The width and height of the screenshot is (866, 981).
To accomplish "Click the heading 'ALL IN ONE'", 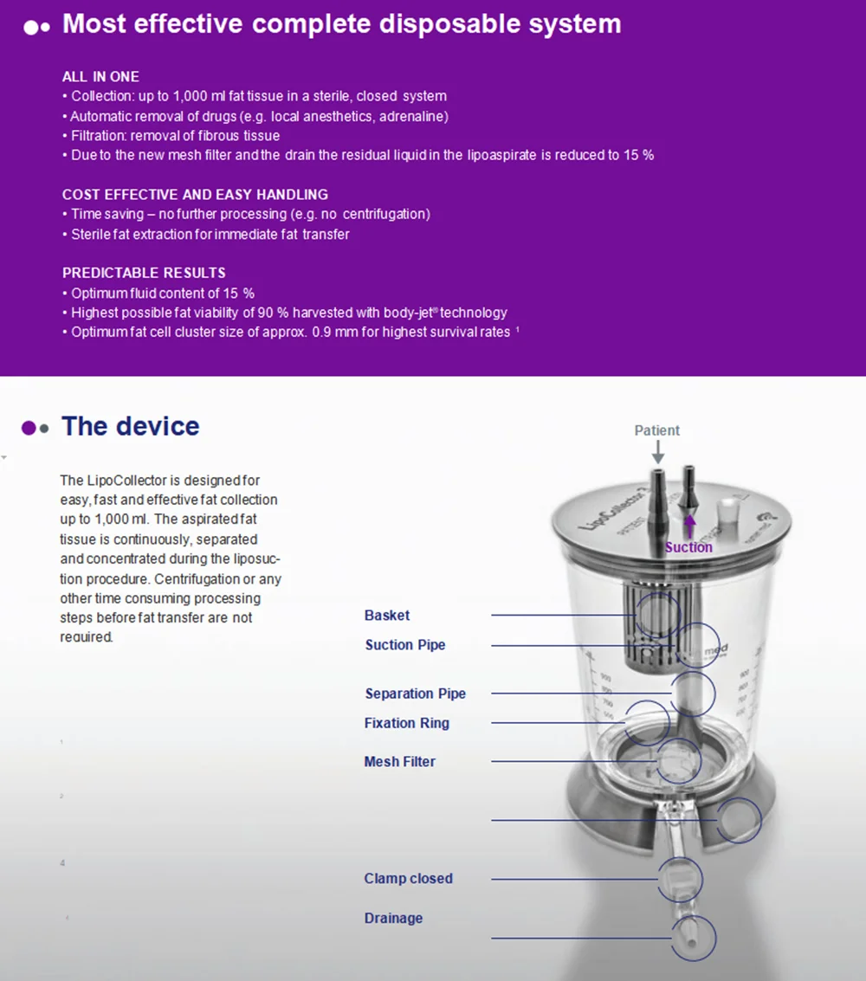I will pos(100,76).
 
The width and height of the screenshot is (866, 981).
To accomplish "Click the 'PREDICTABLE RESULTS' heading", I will pos(144,273).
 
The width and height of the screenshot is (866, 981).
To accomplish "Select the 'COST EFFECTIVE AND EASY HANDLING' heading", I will pos(195,194).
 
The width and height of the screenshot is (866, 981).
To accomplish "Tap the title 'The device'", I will pos(130,426).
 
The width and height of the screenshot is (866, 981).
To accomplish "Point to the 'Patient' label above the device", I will pos(657,430).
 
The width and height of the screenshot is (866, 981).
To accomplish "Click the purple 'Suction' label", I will pos(688,547).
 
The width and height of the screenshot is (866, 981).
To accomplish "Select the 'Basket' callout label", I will pos(387,616).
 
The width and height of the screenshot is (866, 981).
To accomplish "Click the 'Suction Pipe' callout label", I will pos(405,645).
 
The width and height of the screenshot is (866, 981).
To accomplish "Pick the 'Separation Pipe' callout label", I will pos(415,694).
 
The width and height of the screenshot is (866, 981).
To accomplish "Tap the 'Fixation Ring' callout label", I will pos(406,723).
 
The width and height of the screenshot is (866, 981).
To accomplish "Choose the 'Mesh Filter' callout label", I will pos(399,762).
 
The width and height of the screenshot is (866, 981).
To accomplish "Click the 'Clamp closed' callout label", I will pos(408,879).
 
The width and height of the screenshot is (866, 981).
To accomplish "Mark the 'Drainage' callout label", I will pos(393,918).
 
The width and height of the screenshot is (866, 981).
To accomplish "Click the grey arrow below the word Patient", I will pos(657,451).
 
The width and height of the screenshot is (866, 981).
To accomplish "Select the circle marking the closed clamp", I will pos(680,880).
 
